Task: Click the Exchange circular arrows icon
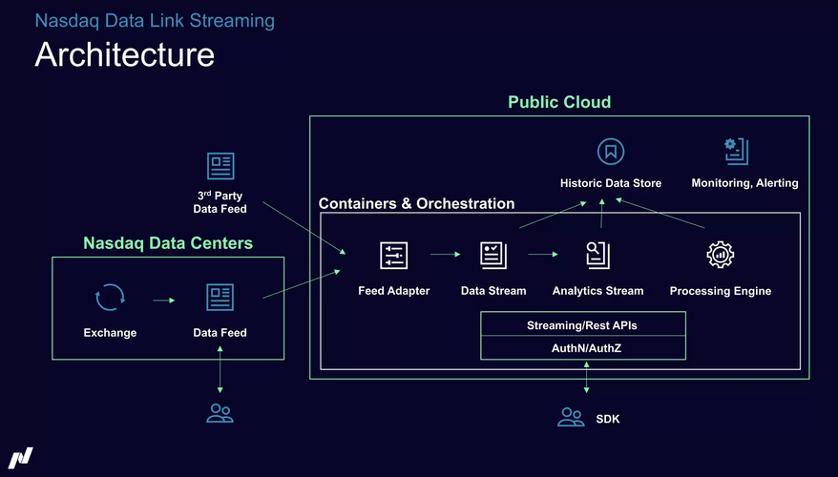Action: click(110, 298)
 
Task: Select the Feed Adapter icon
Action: click(394, 256)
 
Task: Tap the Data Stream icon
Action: click(493, 255)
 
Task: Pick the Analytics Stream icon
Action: click(597, 255)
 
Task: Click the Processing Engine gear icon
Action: click(720, 255)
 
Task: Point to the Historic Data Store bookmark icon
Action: click(610, 151)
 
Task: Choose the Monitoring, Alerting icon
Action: click(737, 151)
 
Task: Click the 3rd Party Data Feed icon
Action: click(220, 166)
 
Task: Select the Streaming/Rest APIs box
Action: click(582, 325)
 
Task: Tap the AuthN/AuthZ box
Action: click(582, 348)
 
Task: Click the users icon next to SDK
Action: click(571, 417)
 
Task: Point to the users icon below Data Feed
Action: click(220, 413)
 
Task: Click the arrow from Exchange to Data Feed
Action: click(164, 300)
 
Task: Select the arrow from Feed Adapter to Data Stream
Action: click(446, 255)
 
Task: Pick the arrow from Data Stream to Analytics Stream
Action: click(543, 255)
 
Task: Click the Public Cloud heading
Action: click(558, 102)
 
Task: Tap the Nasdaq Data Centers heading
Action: click(168, 243)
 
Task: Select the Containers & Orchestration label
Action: click(416, 203)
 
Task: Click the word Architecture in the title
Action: click(124, 54)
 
